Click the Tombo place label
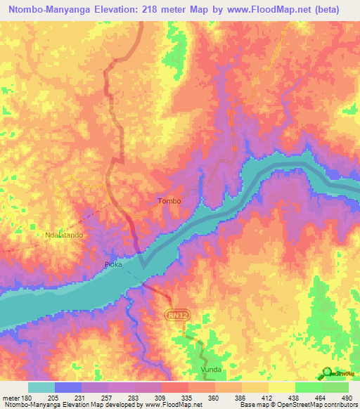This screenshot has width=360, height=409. pyautogui.click(x=169, y=201)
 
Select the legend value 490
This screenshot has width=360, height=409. pyautogui.click(x=348, y=397)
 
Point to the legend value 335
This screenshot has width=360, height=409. pyautogui.click(x=188, y=397)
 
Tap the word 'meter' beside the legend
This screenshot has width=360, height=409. pyautogui.click(x=11, y=397)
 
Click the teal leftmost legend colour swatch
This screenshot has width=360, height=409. pyautogui.click(x=41, y=387)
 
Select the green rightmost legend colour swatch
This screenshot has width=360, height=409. pyautogui.click(x=335, y=387)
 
